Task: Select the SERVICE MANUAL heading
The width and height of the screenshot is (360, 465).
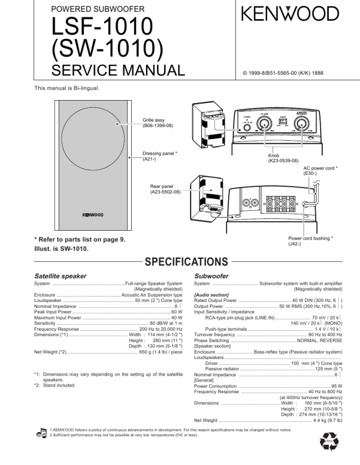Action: (118, 71)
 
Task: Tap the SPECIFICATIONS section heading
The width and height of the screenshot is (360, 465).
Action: (186, 261)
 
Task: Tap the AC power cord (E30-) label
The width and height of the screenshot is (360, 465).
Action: (320, 171)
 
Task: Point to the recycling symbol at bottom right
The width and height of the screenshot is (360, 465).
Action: (326, 443)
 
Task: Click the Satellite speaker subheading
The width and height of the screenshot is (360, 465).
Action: (61, 275)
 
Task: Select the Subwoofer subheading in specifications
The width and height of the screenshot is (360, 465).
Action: (211, 275)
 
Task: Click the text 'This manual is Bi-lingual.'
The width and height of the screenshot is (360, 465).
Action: (66, 88)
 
